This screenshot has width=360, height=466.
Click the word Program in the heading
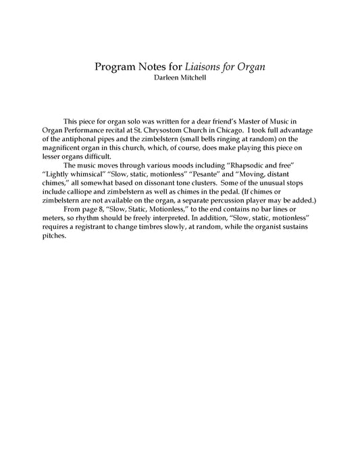pyautogui.click(x=115, y=67)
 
